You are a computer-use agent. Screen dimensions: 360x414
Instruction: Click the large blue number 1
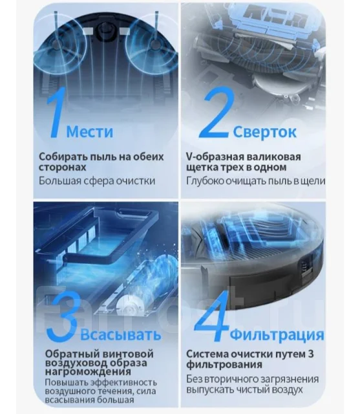(56, 114)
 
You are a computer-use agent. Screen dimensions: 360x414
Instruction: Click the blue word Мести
(90, 131)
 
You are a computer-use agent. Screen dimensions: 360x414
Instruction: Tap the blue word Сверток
(264, 131)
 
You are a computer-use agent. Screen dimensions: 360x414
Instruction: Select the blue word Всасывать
(120, 334)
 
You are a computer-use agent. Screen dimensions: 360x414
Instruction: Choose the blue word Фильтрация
(277, 335)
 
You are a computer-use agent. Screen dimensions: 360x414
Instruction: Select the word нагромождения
(88, 372)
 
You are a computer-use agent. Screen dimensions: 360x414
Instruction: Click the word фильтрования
(224, 365)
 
